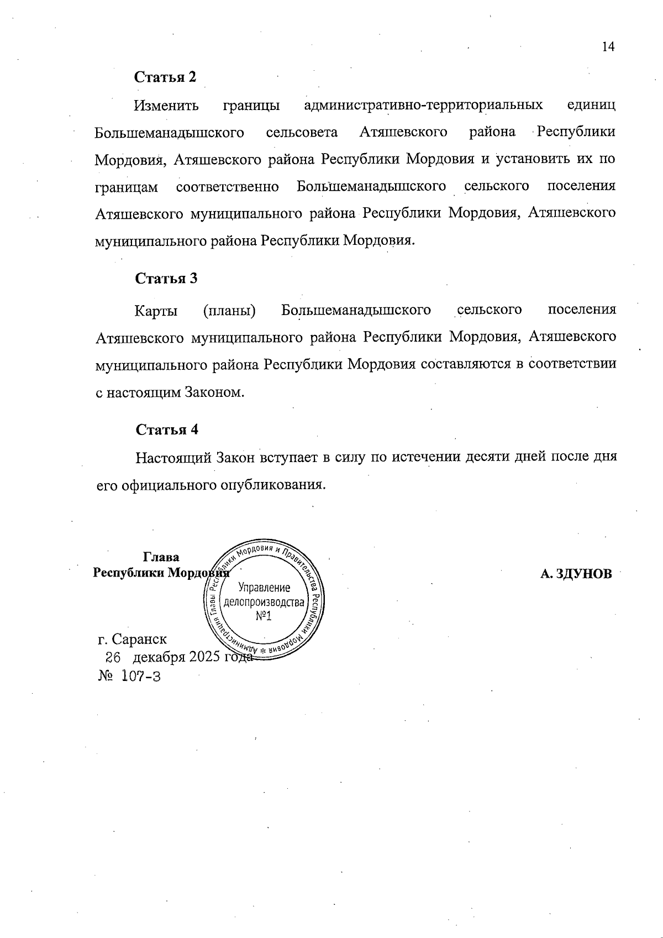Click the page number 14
tap(608, 47)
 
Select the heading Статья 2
tap(165, 77)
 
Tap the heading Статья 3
tap(166, 278)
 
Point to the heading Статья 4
tap(166, 429)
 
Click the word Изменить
tap(166, 105)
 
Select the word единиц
tap(591, 105)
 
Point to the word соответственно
tap(227, 187)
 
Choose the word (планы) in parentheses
tap(229, 310)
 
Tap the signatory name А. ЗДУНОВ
tap(576, 574)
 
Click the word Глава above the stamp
tap(161, 557)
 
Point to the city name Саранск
tap(139, 640)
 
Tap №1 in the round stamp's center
tap(264, 615)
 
